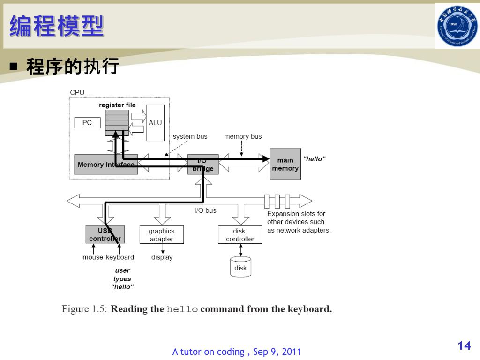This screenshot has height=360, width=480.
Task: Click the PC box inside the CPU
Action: tap(87, 123)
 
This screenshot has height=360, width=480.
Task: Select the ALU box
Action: tap(155, 123)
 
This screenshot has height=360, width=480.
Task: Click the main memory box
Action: tap(285, 164)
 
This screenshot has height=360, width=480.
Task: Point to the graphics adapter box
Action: tap(161, 235)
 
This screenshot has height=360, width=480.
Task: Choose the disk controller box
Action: tap(240, 235)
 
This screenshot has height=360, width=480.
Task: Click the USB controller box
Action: tap(105, 234)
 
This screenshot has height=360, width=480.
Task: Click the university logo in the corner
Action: tap(457, 26)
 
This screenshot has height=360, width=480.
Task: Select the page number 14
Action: tap(464, 346)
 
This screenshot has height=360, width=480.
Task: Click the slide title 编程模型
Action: tap(56, 25)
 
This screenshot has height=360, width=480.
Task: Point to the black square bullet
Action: tap(14, 67)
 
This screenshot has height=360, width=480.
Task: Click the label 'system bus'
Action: tap(190, 136)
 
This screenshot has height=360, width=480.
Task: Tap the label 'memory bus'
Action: tap(243, 136)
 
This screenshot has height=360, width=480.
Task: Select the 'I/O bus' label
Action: tap(205, 210)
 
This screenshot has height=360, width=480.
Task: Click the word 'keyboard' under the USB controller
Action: tap(120, 257)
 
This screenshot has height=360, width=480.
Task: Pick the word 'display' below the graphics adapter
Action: tap(162, 257)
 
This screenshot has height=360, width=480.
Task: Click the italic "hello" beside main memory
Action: tap(314, 159)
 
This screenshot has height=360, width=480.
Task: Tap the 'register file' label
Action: tap(117, 105)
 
